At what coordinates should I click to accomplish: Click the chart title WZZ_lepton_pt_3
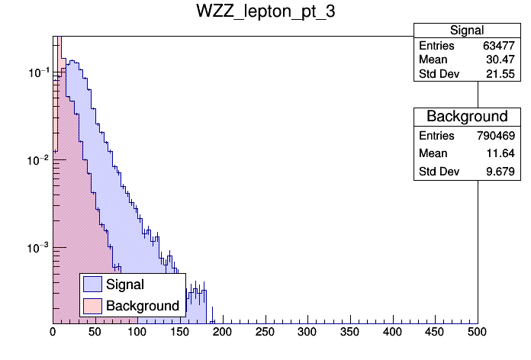(265, 14)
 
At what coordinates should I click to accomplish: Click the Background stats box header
(467, 117)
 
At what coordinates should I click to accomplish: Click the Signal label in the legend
(125, 284)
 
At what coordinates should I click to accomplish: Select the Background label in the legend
(142, 306)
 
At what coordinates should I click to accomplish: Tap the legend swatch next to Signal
(93, 284)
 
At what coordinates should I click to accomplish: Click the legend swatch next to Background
(93, 306)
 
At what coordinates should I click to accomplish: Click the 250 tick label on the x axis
(265, 332)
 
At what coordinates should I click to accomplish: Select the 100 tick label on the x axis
(137, 332)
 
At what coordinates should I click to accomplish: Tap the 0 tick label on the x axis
(53, 332)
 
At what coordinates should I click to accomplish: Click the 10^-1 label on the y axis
(38, 73)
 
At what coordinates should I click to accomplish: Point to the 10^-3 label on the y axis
(38, 248)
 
